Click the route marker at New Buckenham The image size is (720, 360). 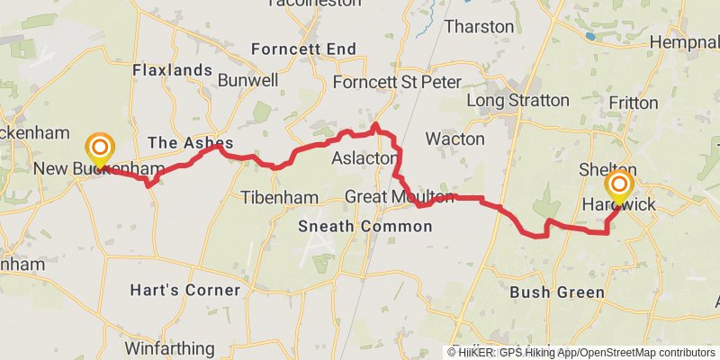[100, 148]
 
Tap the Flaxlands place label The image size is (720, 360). [172, 70]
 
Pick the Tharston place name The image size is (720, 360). [479, 26]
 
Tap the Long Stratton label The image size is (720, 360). [518, 100]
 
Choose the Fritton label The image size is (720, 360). [633, 103]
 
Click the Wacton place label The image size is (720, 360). [454, 139]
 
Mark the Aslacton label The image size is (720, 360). [364, 158]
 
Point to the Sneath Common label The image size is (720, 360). [364, 227]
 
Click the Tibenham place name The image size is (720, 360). [279, 197]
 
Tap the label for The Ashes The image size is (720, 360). [190, 142]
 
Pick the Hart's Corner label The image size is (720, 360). [184, 291]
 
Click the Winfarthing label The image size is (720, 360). [169, 348]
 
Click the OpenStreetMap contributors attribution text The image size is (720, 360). [643, 353]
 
